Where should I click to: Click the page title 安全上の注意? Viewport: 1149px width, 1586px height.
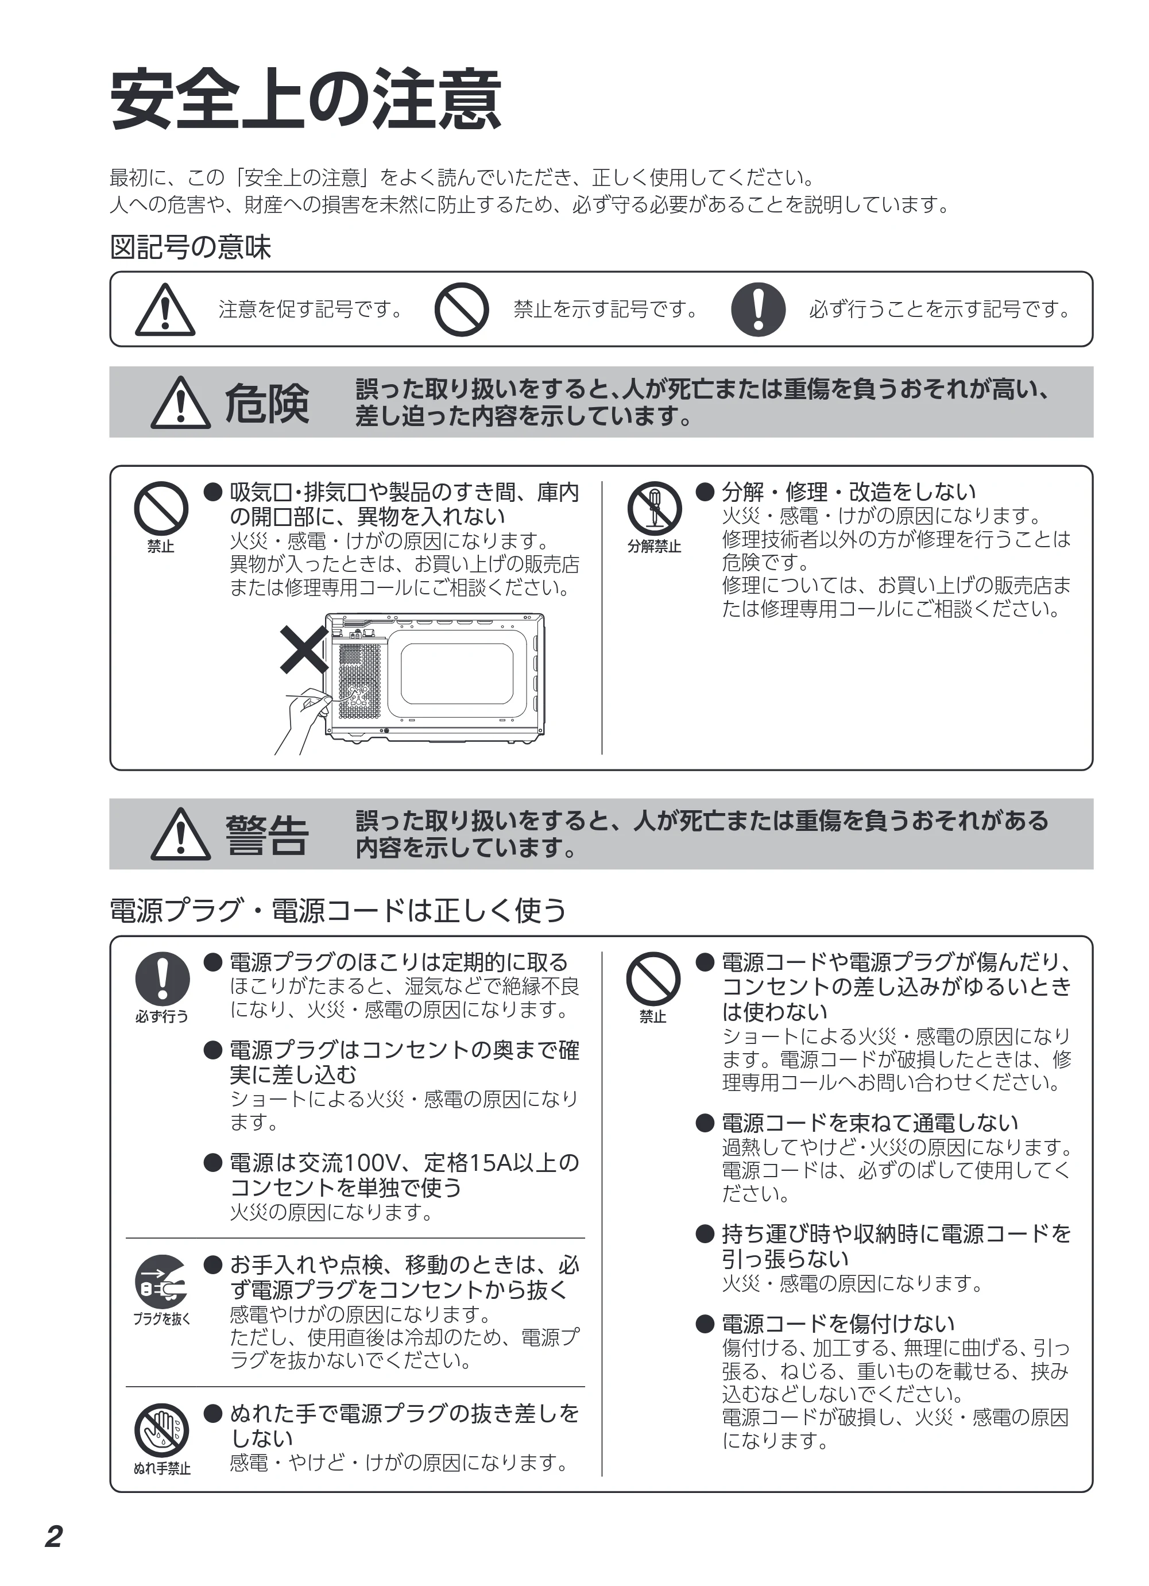pyautogui.click(x=305, y=99)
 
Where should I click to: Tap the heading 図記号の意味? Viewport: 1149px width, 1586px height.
pyautogui.click(x=190, y=247)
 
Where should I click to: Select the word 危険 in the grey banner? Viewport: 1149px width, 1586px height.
pyautogui.click(x=266, y=404)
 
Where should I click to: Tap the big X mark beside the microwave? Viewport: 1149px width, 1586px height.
pyautogui.click(x=304, y=649)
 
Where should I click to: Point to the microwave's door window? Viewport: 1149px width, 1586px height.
pyautogui.click(x=456, y=674)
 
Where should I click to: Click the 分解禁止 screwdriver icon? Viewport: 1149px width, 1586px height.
pyautogui.click(x=654, y=508)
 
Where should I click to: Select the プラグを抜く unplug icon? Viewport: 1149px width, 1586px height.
pyautogui.click(x=161, y=1281)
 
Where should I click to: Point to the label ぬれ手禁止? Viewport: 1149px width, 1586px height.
pyautogui.click(x=161, y=1468)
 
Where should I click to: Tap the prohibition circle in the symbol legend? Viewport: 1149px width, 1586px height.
pyautogui.click(x=462, y=309)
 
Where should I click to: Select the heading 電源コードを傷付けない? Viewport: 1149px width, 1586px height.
pyautogui.click(x=838, y=1323)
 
